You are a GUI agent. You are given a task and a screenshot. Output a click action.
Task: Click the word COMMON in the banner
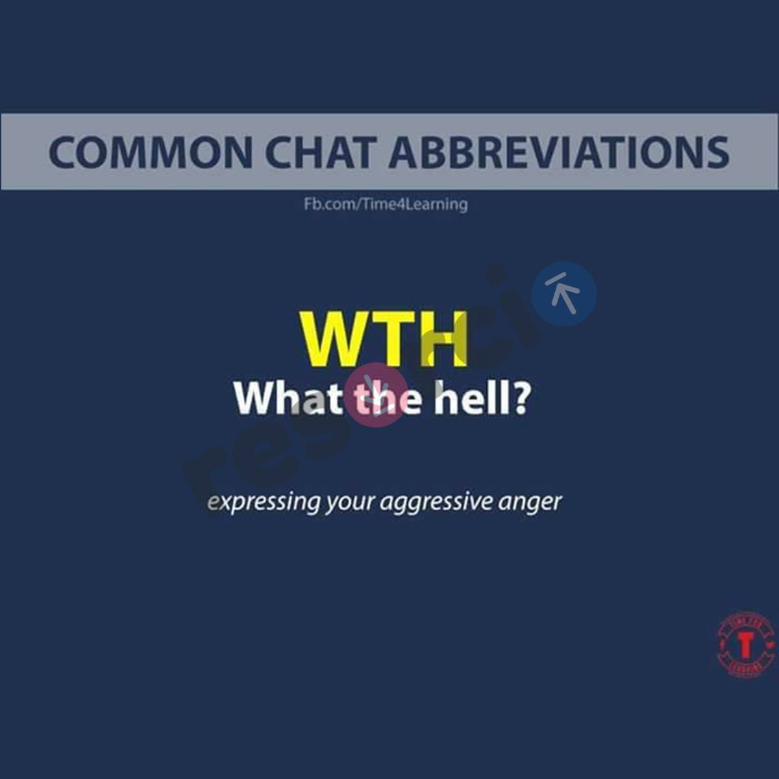tap(150, 153)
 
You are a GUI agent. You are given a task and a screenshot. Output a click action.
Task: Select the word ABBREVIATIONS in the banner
tap(559, 153)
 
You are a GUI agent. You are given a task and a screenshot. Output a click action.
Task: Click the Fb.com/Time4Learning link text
tap(386, 204)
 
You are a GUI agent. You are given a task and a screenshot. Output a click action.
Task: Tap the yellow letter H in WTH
tap(444, 338)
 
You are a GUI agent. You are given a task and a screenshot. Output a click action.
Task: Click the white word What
tap(288, 398)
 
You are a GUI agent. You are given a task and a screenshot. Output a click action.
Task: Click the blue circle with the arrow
tap(563, 293)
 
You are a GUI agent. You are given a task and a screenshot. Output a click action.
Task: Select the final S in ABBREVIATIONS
tap(716, 153)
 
